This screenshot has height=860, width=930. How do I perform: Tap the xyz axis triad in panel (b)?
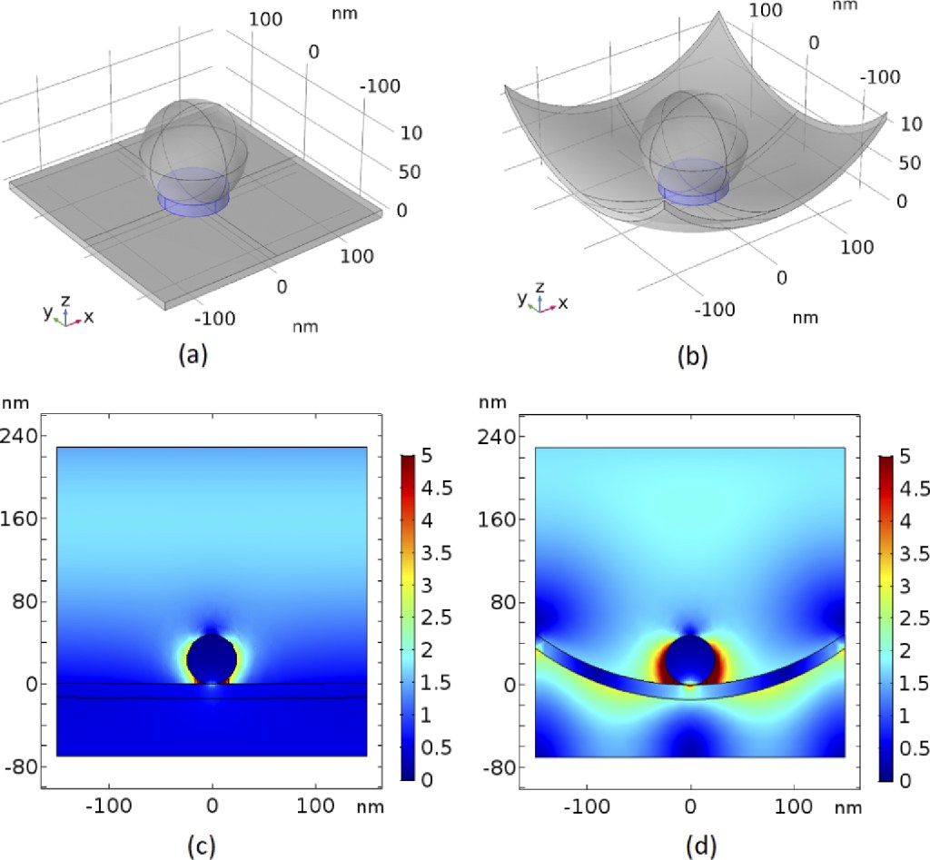[x=543, y=301]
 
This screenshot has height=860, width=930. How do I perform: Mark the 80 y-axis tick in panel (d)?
[x=502, y=601]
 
